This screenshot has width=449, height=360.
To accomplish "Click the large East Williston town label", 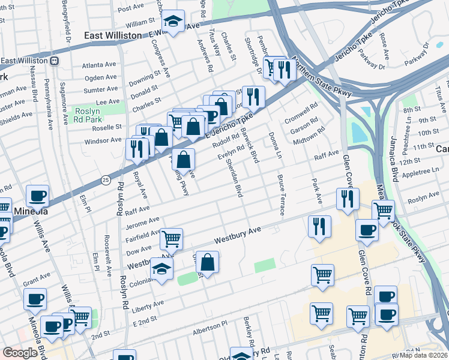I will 115,36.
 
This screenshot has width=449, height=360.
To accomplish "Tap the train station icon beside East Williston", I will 55,61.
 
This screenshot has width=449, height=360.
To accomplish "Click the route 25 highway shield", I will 106,179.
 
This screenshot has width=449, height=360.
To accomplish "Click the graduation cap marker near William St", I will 173,22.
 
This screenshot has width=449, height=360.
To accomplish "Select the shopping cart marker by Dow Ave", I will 171,239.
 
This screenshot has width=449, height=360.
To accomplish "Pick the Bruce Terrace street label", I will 280,195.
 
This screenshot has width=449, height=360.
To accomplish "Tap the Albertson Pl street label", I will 210,331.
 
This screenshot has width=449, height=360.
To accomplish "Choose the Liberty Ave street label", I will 146,307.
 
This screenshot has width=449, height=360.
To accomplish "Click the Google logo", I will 20,353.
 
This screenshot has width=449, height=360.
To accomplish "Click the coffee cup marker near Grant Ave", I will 35,298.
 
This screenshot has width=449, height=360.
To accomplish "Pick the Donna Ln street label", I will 275,145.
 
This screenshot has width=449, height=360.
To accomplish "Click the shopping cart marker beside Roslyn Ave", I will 383,211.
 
